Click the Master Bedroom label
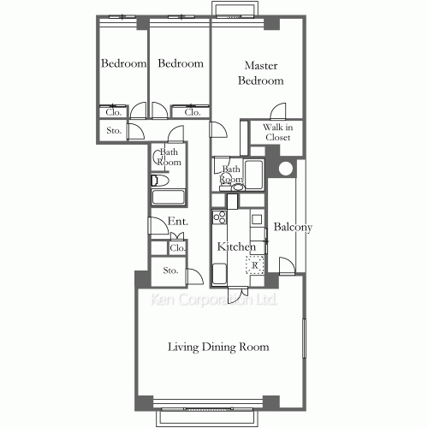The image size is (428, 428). [261, 73]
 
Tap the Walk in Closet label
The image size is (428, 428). [277, 132]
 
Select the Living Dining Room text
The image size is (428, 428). [218, 347]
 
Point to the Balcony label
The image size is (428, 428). [293, 227]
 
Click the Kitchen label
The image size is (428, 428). [236, 247]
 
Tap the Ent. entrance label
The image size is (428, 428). [177, 221]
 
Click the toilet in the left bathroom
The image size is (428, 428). [160, 181]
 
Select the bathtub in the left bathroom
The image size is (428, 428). [168, 197]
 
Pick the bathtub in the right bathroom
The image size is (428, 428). [253, 175]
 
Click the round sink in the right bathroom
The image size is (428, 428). [237, 187]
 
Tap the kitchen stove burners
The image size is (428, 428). [219, 217]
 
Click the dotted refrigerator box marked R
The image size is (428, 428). [255, 265]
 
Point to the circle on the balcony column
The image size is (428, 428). [286, 169]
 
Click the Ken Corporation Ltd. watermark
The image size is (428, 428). [214, 300]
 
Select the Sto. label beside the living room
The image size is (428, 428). [170, 270]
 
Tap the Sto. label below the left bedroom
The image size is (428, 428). [114, 130]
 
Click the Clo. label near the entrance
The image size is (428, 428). [177, 248]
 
